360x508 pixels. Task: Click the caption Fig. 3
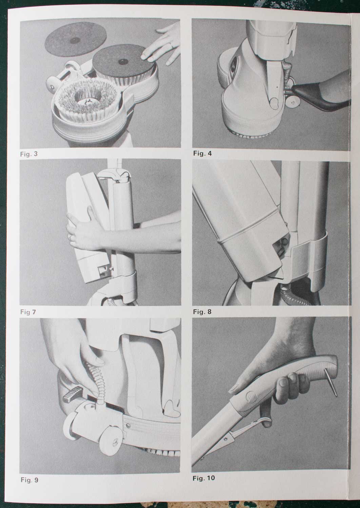29,154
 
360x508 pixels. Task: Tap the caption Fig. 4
202,153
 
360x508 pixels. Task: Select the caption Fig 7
28,312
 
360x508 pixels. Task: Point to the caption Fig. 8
202,312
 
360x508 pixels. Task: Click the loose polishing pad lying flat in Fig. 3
76,39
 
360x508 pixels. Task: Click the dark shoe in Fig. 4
320,97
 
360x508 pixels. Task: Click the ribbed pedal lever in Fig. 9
71,394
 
